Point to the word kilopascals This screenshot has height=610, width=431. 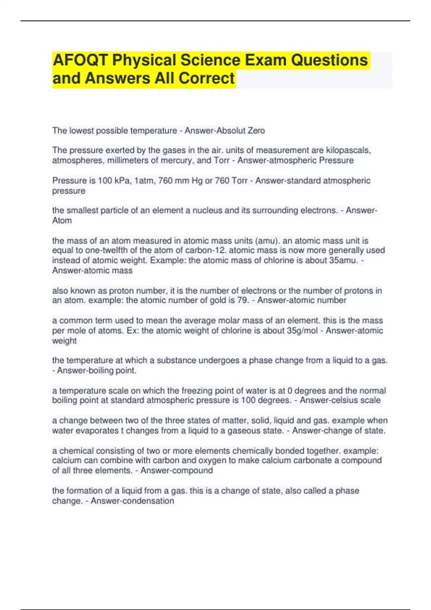[x=348, y=150]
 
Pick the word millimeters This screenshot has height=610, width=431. [x=128, y=160]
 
